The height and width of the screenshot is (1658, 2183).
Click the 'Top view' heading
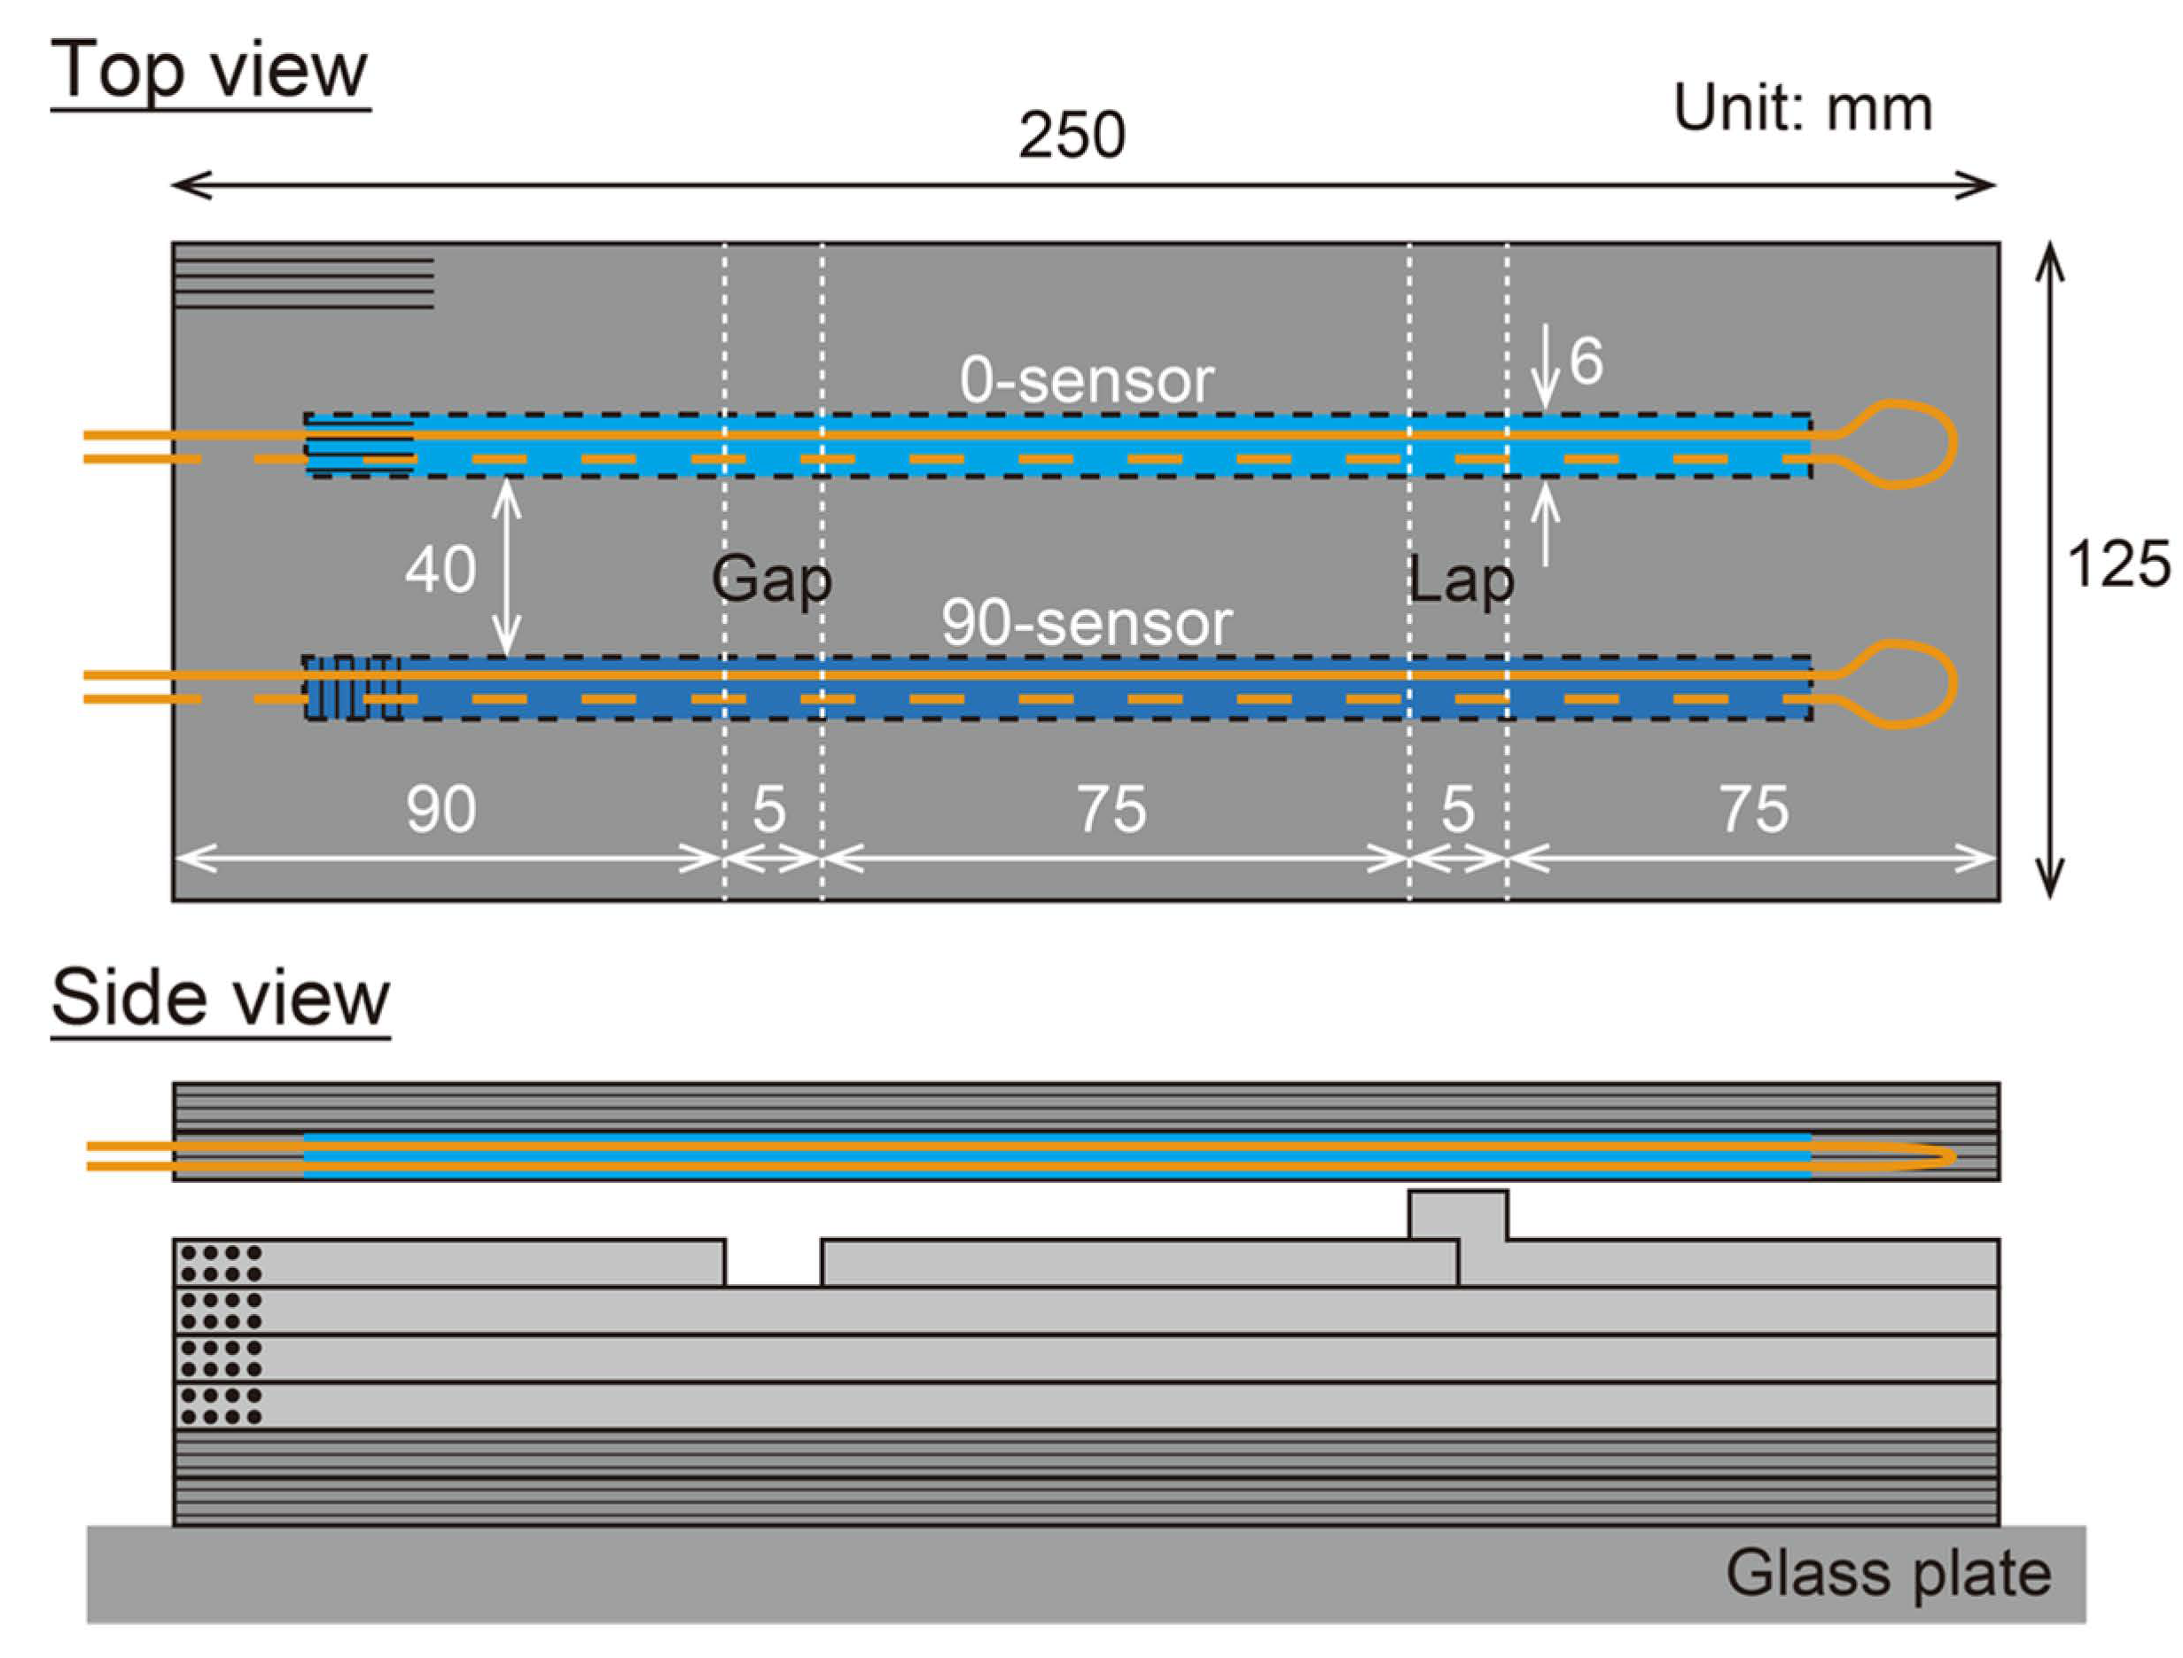(x=209, y=71)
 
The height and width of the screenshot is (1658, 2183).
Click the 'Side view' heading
(x=220, y=998)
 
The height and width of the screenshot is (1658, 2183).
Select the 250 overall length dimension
(x=1072, y=136)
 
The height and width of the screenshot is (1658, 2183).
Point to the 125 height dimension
(x=2118, y=564)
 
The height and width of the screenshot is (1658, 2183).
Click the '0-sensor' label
(x=1087, y=380)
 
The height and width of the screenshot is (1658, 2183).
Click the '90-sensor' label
(x=1087, y=624)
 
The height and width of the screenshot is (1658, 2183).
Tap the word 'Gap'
(x=772, y=580)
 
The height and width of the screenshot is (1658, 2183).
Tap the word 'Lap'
(x=1461, y=580)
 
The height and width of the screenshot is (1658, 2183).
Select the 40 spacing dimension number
(x=440, y=570)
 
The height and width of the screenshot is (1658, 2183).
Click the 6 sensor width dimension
(x=1586, y=362)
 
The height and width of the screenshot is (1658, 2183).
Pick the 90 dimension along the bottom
(x=441, y=809)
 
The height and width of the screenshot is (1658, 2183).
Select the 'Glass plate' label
(x=1888, y=1573)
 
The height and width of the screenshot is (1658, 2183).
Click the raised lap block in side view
(x=1458, y=1215)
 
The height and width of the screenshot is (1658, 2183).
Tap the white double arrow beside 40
(x=506, y=567)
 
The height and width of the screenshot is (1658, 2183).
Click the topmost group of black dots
(x=221, y=1264)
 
